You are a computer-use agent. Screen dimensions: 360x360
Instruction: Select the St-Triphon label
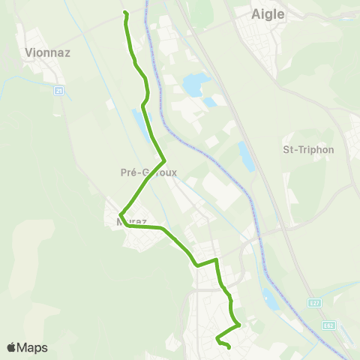(x=307, y=149)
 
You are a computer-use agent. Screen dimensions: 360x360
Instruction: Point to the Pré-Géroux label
(x=148, y=172)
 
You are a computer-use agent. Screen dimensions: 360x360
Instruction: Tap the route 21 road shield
(x=59, y=91)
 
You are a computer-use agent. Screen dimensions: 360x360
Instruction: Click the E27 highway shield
(x=316, y=302)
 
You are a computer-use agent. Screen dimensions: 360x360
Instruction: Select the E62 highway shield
(x=329, y=325)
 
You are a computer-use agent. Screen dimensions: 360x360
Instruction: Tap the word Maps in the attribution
(x=33, y=347)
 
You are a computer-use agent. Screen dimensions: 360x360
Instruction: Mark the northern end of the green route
(x=124, y=13)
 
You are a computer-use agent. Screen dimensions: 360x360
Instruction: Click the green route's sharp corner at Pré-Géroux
(x=164, y=160)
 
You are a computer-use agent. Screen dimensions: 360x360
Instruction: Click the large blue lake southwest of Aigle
(x=193, y=84)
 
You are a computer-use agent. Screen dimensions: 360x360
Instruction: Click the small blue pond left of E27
(x=271, y=299)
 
